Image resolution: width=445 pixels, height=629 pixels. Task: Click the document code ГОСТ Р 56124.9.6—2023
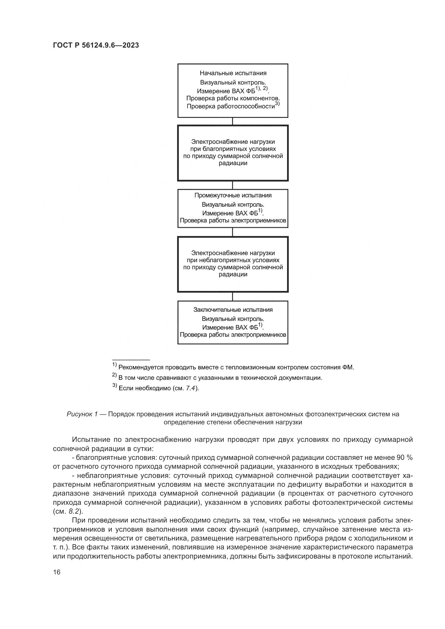(x=96, y=45)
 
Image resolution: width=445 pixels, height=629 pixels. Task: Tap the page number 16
(x=57, y=572)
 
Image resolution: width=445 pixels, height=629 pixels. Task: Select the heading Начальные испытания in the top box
(x=233, y=73)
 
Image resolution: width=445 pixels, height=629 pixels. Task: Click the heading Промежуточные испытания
(x=233, y=195)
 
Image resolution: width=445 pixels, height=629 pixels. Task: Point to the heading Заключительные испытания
(x=233, y=310)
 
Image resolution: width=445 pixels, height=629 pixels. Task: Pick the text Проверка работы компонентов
(x=233, y=98)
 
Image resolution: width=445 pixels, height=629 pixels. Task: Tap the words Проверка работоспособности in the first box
(x=231, y=106)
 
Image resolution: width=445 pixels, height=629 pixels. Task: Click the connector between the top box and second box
(x=233, y=121)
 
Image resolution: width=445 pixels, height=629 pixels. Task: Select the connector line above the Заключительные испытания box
(x=233, y=297)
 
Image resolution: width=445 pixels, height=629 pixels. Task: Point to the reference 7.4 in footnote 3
(x=190, y=388)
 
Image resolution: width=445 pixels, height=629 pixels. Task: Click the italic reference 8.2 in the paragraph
(x=73, y=511)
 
